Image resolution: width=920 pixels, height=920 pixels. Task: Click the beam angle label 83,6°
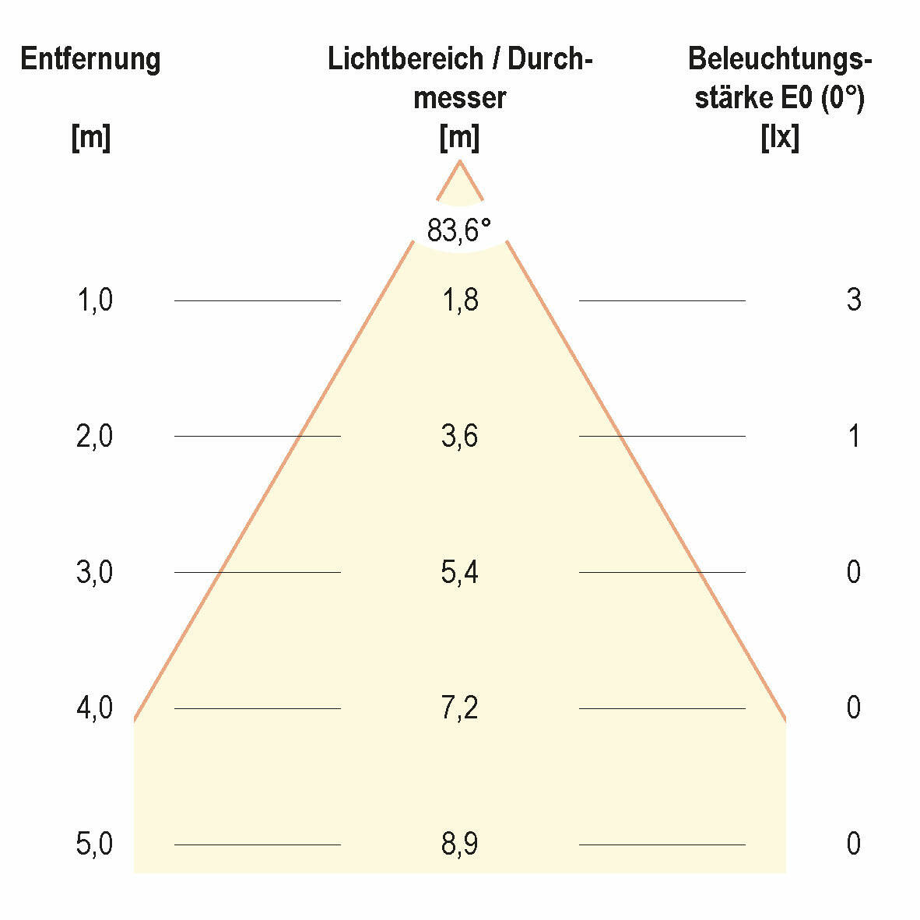click(459, 230)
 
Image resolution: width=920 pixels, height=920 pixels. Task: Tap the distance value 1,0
click(95, 300)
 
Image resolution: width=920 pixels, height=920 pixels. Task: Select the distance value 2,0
click(95, 436)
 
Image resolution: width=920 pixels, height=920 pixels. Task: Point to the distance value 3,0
click(95, 572)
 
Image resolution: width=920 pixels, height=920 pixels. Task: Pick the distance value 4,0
click(95, 708)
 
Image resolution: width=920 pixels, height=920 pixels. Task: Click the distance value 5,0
click(95, 844)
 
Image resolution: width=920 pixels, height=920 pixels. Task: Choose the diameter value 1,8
click(460, 300)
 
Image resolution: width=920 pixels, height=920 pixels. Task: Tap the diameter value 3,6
click(460, 436)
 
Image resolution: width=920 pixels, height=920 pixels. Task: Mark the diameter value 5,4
click(460, 572)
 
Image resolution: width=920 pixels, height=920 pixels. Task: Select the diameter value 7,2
click(460, 708)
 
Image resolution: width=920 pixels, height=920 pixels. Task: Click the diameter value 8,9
click(460, 844)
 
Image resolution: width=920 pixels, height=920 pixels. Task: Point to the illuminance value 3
click(854, 300)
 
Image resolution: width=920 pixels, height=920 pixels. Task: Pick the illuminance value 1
click(854, 436)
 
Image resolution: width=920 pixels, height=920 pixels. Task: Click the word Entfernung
click(90, 59)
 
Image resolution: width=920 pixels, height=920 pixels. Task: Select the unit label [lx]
click(779, 139)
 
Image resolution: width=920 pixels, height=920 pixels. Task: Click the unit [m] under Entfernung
click(90, 139)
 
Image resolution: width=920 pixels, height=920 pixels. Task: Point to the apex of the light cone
click(460, 161)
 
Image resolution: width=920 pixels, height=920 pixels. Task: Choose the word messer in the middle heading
click(460, 99)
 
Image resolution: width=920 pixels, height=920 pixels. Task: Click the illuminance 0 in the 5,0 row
click(854, 844)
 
